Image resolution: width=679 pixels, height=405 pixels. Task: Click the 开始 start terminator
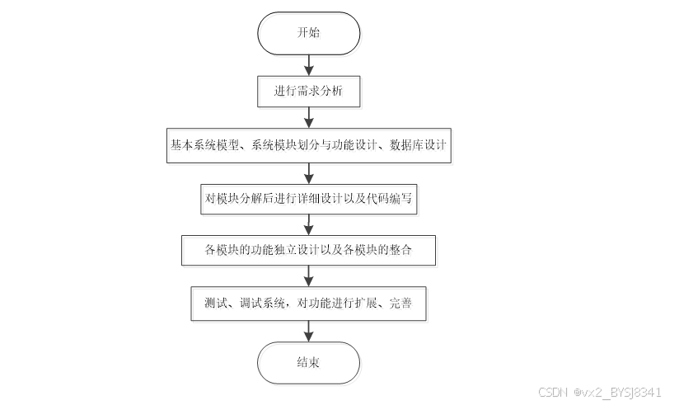pos(309,33)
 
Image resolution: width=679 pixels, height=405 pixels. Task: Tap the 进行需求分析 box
pos(309,91)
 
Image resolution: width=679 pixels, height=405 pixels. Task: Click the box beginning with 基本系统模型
pos(309,145)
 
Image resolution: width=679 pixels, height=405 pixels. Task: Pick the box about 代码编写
pos(309,198)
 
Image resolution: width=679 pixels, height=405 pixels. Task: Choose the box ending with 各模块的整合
pos(309,249)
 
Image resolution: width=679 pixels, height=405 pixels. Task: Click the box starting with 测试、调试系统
pos(309,303)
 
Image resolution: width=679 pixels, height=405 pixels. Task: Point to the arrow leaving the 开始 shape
pos(309,64)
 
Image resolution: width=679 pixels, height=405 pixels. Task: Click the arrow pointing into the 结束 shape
pos(309,331)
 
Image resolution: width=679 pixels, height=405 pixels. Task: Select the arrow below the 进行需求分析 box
pos(309,117)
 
